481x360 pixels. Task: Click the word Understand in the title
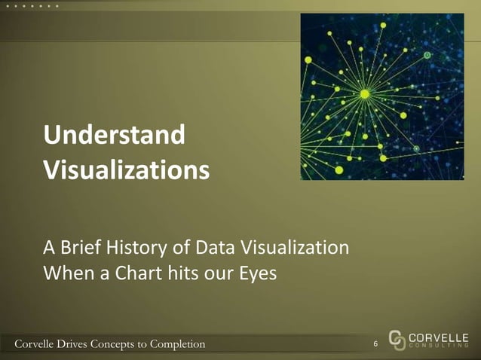click(x=115, y=136)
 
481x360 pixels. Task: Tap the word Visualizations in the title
click(x=126, y=169)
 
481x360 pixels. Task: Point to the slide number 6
click(x=376, y=345)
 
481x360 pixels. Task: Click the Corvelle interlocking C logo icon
click(x=398, y=340)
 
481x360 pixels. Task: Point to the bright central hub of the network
click(x=365, y=93)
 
